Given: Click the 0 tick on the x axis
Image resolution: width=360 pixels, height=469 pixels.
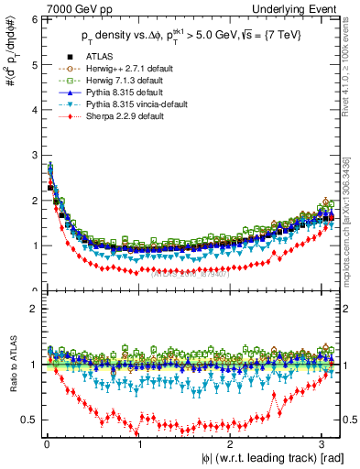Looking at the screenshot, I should pyautogui.click(x=48, y=444).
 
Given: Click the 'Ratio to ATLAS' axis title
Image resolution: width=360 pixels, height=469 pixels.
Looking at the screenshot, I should pyautogui.click(x=12, y=367).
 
